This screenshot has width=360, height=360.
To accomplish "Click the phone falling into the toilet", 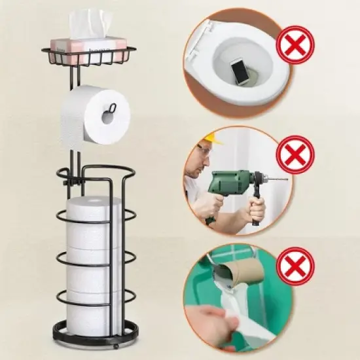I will tap(240, 71).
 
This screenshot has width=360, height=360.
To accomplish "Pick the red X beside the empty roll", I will tap(295, 266).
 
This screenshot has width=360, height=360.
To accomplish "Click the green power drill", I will tap(232, 183).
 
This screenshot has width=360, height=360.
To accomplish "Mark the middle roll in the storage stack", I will tap(94, 262).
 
